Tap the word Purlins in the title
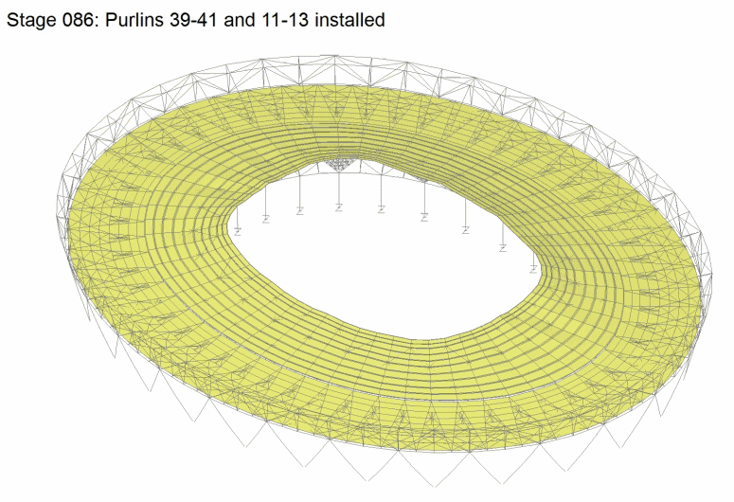coord(134,20)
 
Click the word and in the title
coord(239,20)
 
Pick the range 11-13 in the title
coord(284,20)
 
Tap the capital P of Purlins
coord(111,20)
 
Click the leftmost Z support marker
coord(238,231)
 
